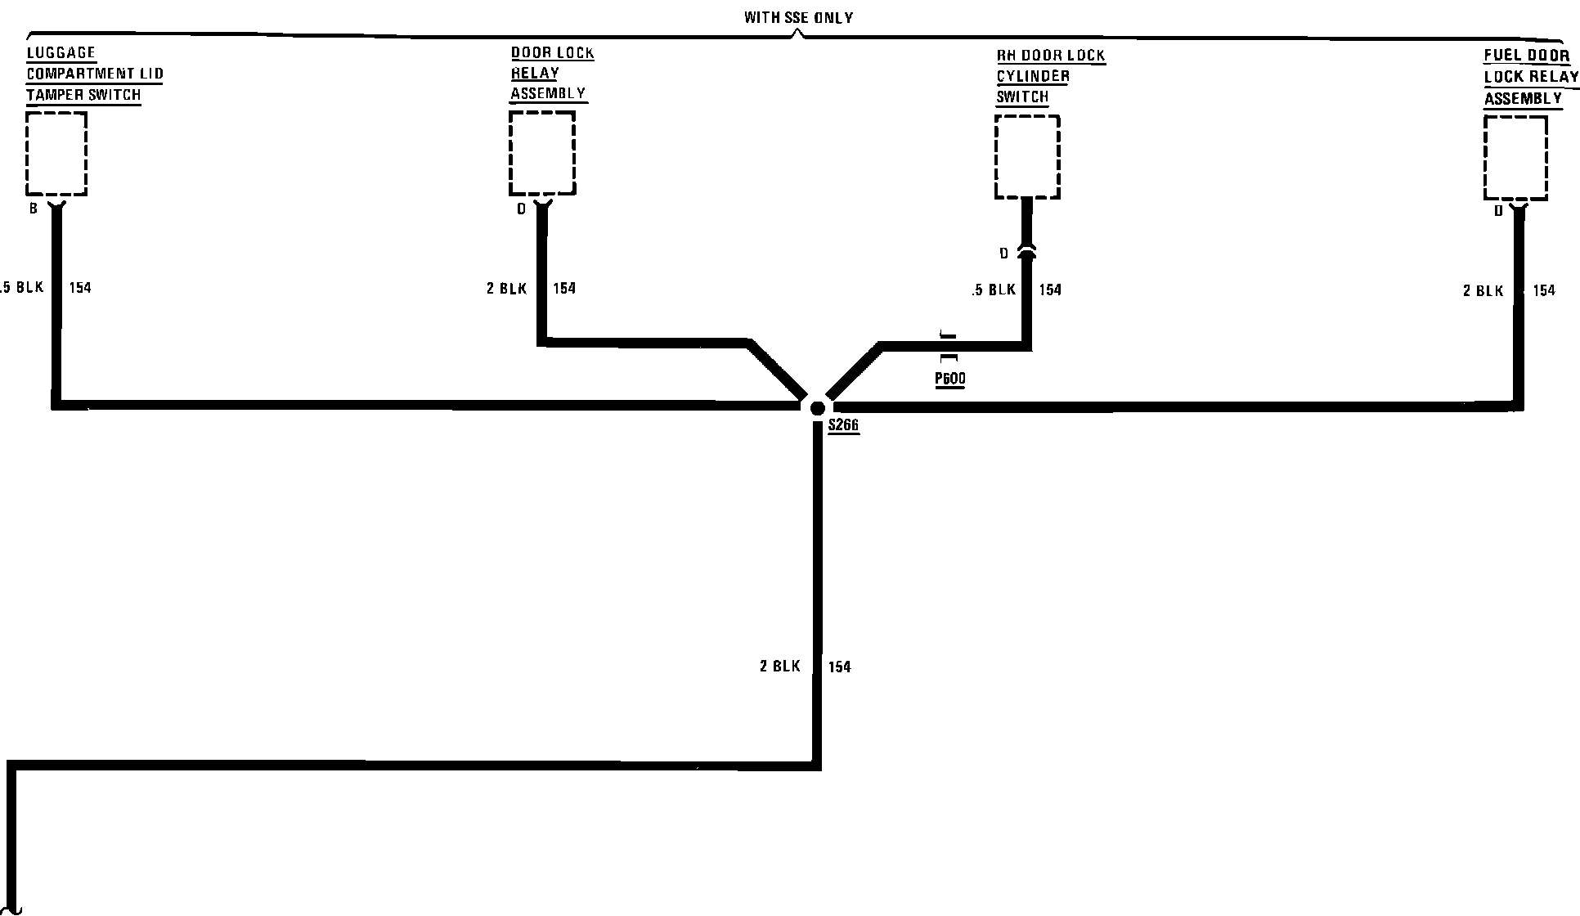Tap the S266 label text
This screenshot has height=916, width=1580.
coord(843,425)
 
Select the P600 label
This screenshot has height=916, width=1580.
coord(949,379)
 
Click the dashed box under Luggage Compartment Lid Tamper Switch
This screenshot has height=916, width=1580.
coord(56,154)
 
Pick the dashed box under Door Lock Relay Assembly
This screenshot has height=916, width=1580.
coord(542,153)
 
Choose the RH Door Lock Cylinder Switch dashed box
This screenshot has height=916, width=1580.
coord(1027,157)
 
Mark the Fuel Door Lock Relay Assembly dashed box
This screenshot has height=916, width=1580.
coord(1515,158)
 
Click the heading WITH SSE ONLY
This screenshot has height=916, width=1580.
coord(798,17)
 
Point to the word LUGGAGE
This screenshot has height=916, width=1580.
coord(61,53)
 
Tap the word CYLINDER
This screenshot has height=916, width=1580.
coord(1033,76)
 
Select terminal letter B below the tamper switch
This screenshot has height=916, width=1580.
coord(34,209)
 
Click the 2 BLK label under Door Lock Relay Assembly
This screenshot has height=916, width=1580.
coord(507,288)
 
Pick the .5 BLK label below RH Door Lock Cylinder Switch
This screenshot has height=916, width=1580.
coord(994,290)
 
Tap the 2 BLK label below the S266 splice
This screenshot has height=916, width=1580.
coord(780,667)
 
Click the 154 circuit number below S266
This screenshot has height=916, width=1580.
coord(840,667)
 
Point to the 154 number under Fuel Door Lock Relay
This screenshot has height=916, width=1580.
coord(1544,290)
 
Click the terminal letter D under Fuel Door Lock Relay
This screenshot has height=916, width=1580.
coord(1499,211)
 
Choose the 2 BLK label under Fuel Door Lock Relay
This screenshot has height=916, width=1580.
coord(1483,290)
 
